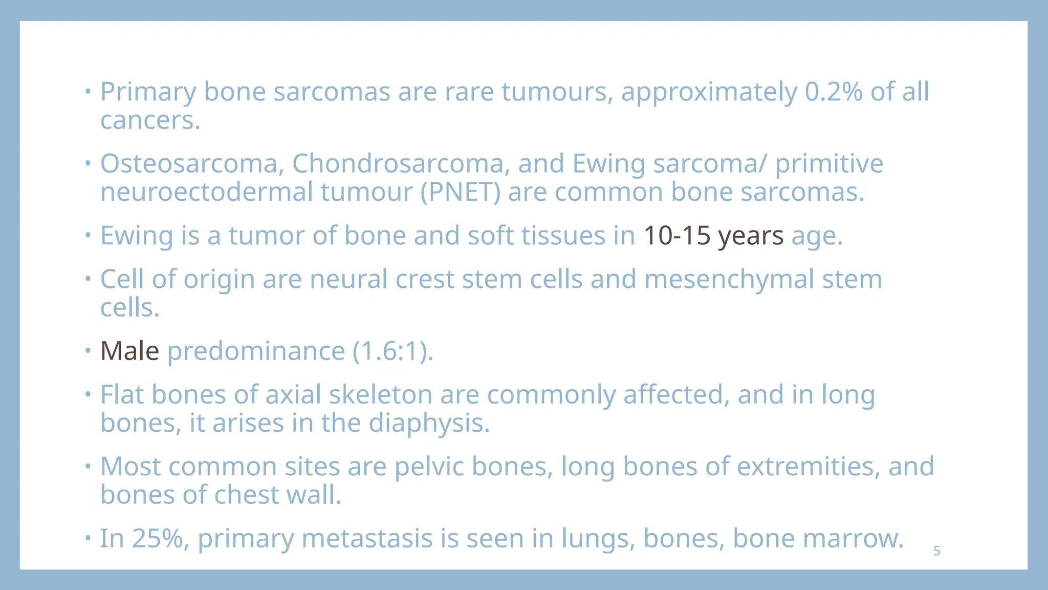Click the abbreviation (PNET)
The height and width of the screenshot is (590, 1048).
coord(460,193)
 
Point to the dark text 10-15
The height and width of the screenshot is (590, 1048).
coord(676,236)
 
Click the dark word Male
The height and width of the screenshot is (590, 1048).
coord(129,351)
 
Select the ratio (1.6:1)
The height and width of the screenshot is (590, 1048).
coord(392,351)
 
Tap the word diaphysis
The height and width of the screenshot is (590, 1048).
coord(429,424)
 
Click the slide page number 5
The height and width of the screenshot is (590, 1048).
coord(936,551)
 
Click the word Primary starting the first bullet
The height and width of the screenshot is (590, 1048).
coord(147,92)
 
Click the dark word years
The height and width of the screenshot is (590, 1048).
coord(750,236)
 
